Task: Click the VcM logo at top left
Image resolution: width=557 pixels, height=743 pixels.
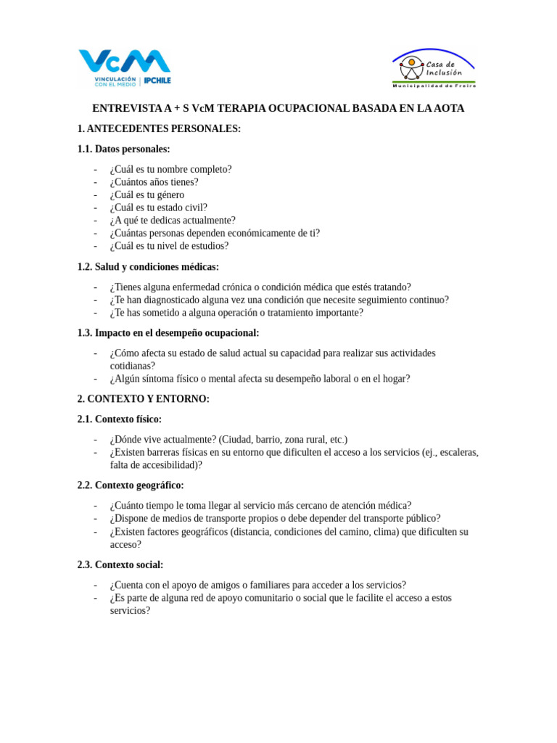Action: [125, 67]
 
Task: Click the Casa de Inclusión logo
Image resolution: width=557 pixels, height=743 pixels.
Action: [434, 69]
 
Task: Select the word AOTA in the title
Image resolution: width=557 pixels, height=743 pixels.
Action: [448, 108]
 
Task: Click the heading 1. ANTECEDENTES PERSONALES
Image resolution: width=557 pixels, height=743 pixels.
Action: [159, 128]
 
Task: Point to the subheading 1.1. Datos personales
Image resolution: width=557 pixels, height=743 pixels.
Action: [123, 149]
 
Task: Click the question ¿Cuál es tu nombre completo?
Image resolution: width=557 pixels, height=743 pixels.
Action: [170, 169]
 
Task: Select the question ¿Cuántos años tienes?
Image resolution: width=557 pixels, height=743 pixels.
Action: [154, 182]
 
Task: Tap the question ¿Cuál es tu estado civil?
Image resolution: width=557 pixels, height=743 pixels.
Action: [158, 208]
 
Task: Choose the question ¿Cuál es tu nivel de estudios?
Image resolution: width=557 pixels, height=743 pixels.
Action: [169, 246]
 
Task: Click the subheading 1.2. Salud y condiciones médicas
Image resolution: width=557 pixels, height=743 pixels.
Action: [148, 267]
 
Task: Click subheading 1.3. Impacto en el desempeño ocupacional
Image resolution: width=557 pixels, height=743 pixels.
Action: [168, 333]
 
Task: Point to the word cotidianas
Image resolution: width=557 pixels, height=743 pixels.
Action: [132, 366]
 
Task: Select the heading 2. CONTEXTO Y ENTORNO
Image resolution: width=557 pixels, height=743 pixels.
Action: [143, 399]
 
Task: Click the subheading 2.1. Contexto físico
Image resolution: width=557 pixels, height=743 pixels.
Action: [120, 419]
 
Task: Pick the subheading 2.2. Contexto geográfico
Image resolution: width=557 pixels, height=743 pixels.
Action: [131, 485]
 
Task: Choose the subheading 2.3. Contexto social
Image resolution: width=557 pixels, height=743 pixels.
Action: [120, 565]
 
